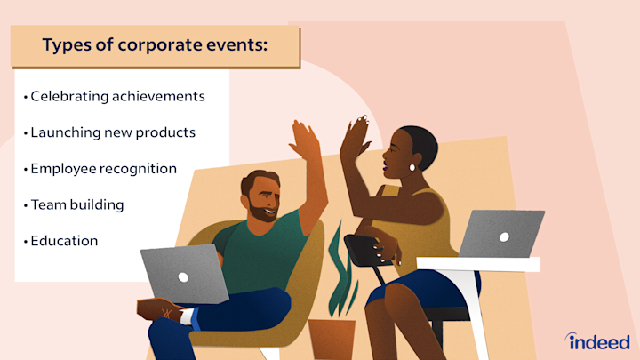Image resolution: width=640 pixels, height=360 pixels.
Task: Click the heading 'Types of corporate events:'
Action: (155, 46)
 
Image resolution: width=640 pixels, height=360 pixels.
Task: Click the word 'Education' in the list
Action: (64, 241)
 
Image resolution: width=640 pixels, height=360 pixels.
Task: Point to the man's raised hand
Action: (305, 142)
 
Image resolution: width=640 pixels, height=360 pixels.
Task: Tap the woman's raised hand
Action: (355, 138)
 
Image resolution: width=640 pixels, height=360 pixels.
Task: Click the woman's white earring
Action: (412, 166)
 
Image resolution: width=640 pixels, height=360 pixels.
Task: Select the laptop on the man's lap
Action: (185, 275)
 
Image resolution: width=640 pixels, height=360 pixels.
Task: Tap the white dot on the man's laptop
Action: (183, 276)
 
